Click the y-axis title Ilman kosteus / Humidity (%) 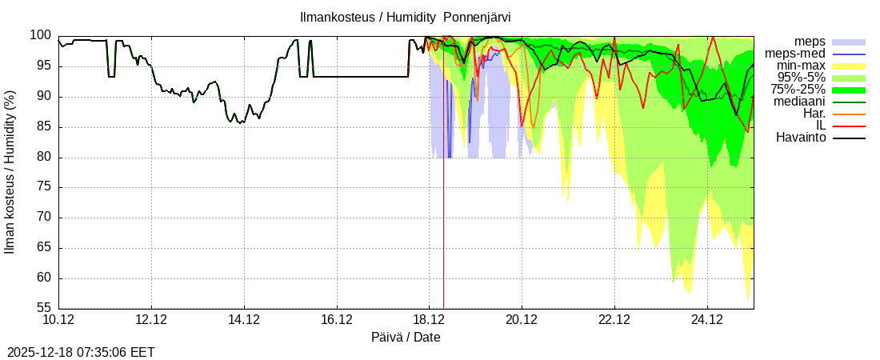point(10,173)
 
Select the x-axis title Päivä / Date point(406,337)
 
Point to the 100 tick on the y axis point(41,36)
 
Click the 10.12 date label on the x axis point(58,320)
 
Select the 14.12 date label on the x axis point(244,320)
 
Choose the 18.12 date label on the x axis point(430,320)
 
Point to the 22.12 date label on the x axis point(614,320)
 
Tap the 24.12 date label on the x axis point(707,320)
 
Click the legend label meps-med point(795,54)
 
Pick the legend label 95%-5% point(801,78)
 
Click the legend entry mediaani point(799,102)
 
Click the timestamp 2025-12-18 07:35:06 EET point(81,352)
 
